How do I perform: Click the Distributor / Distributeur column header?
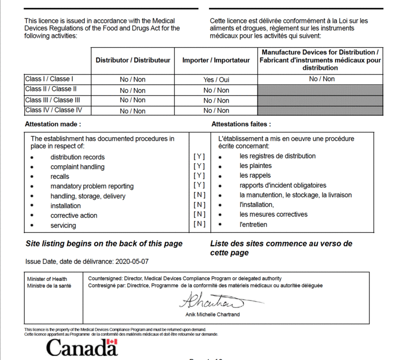(x=133, y=60)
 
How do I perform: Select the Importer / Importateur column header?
(x=216, y=60)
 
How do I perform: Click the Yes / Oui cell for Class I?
(x=216, y=80)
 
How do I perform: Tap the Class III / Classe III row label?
(x=52, y=100)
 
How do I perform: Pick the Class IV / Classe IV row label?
(x=53, y=110)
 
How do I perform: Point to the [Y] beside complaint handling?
(x=199, y=166)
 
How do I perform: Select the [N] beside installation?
(x=199, y=205)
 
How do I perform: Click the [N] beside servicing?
(x=199, y=224)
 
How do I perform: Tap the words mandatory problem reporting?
(x=92, y=186)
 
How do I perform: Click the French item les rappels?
(x=255, y=176)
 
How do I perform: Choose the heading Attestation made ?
(x=53, y=124)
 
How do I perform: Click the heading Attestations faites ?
(x=241, y=124)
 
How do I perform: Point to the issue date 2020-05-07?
(x=132, y=261)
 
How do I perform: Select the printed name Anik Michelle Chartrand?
(x=213, y=314)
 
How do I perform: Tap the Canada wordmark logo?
(x=82, y=348)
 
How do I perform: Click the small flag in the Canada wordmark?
(x=112, y=342)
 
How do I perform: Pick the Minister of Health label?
(x=47, y=279)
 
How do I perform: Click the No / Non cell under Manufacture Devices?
(x=322, y=79)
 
